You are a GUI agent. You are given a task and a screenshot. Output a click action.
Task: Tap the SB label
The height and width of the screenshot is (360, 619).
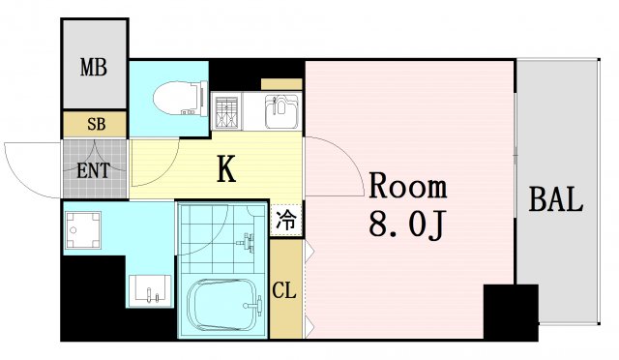[x=95, y=124]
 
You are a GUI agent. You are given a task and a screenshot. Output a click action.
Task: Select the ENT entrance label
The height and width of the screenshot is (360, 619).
[x=93, y=171]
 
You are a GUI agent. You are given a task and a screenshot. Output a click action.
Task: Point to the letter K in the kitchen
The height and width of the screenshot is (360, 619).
[x=226, y=170]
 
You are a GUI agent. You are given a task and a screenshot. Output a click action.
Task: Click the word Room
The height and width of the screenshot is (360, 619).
[x=405, y=187]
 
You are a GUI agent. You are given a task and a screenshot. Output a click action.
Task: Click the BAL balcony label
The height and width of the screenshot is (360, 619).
[x=555, y=201]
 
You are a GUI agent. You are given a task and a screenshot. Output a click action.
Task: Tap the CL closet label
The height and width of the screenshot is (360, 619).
[x=284, y=290]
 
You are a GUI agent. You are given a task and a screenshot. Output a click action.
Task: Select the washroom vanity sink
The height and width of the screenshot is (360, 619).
[x=150, y=289]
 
